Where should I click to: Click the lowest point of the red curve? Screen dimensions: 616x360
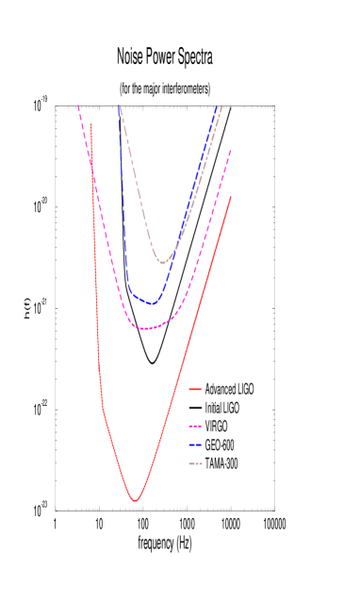[x=135, y=501]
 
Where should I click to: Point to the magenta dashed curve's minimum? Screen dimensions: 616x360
[x=144, y=329]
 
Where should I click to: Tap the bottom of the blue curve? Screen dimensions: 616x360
[x=152, y=304]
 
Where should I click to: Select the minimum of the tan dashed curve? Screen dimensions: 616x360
[x=163, y=263]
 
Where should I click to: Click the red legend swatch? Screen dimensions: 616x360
[x=195, y=389]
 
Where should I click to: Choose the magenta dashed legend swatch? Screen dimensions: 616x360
[x=195, y=427]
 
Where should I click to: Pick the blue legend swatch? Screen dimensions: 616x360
[x=195, y=445]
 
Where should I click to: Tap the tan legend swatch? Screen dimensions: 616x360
[x=195, y=463]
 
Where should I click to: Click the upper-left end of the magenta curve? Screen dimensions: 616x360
[x=78, y=105]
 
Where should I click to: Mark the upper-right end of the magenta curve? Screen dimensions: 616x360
[x=231, y=151]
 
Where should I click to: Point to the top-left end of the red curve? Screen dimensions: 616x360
[x=91, y=122]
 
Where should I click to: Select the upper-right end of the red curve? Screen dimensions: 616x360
[x=231, y=197]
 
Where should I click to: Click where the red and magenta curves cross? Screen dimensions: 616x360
[x=92, y=167]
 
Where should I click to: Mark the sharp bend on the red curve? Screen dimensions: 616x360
[x=103, y=409]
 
